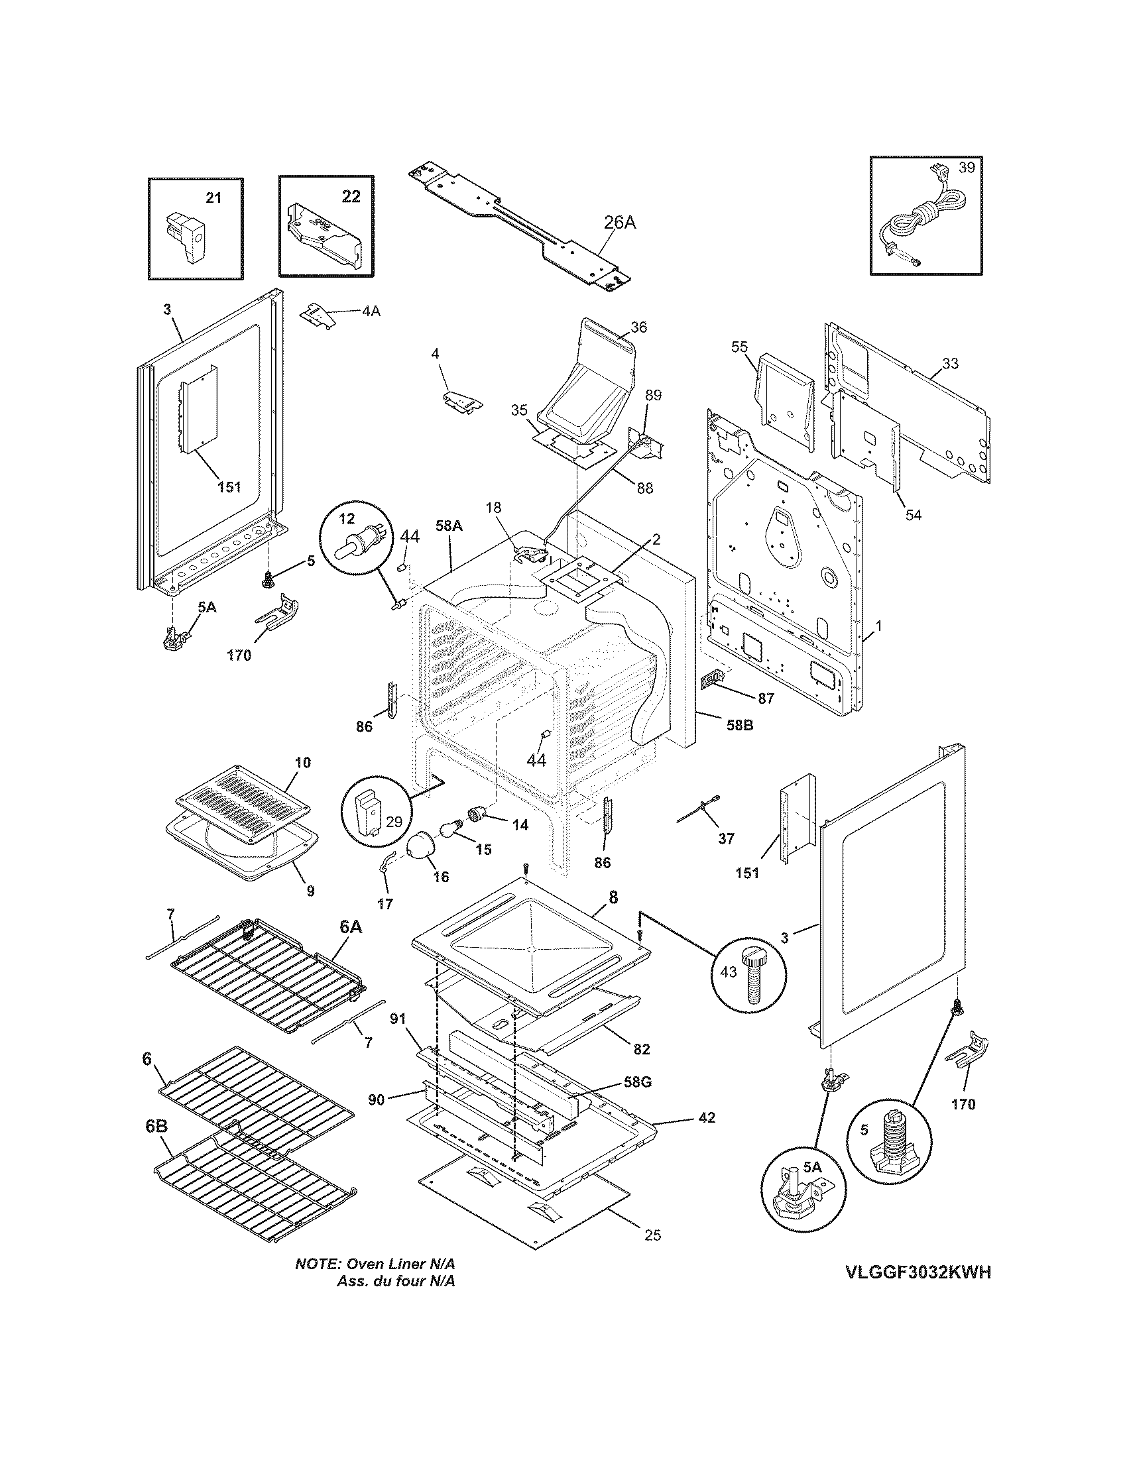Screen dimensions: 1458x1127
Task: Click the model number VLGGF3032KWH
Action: click(918, 1291)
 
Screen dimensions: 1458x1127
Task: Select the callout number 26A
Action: click(620, 223)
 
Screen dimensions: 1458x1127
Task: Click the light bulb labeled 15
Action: click(450, 830)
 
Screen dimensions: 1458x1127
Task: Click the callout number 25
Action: click(652, 1235)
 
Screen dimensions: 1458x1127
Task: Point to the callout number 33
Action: click(950, 364)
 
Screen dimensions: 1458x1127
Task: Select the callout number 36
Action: click(638, 327)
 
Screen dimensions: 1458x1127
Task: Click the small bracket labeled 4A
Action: click(319, 314)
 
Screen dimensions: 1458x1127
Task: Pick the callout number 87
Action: click(765, 699)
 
